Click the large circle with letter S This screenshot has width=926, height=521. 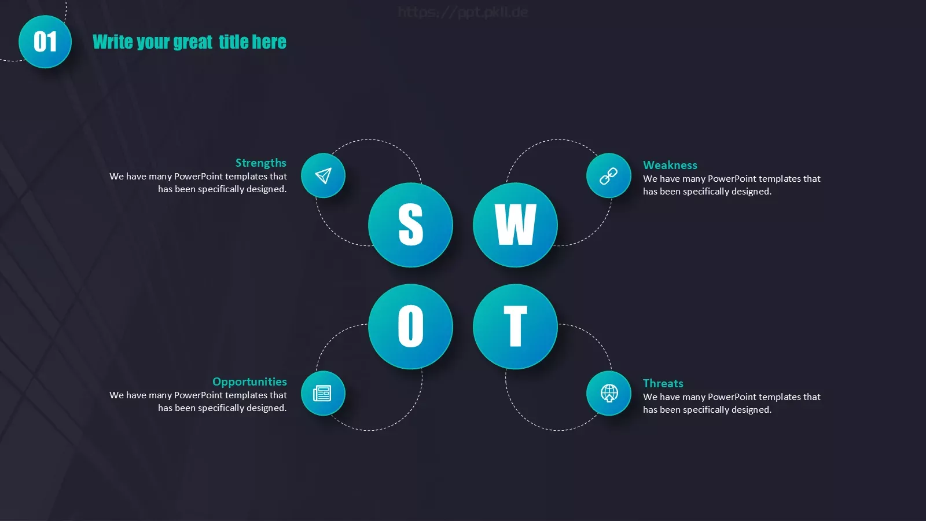(x=410, y=225)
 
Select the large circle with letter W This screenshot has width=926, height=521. (x=515, y=225)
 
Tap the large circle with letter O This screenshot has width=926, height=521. (x=410, y=326)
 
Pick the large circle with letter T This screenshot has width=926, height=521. (x=515, y=326)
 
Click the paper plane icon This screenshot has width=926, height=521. (x=324, y=175)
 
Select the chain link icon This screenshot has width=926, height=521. (x=608, y=176)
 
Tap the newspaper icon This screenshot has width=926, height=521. (x=322, y=393)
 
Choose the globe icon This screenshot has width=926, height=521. (x=609, y=393)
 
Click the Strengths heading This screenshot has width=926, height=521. (x=261, y=163)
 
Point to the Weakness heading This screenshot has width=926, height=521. (x=670, y=165)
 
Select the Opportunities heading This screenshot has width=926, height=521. (x=249, y=381)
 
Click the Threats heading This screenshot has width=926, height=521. (x=663, y=383)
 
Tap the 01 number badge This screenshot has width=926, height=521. (x=45, y=42)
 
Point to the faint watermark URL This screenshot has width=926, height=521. (x=462, y=12)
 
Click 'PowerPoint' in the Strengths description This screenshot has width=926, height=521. (x=199, y=176)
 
